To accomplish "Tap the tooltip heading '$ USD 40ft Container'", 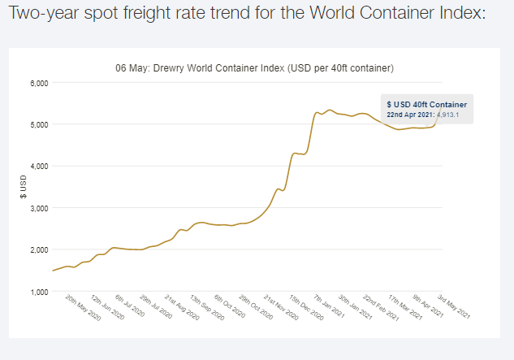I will pos(426,104).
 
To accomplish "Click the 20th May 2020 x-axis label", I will pos(84,308).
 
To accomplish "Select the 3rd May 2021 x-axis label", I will pos(455,306).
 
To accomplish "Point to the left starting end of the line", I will pos(53,271).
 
